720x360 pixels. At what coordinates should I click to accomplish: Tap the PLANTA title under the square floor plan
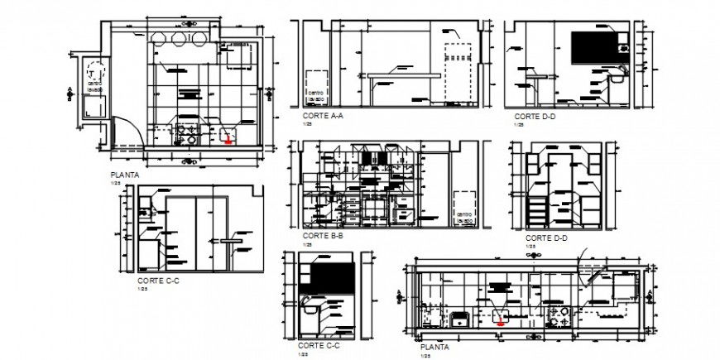pyautogui.click(x=125, y=175)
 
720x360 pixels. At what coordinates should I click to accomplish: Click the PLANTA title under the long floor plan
pyautogui.click(x=437, y=348)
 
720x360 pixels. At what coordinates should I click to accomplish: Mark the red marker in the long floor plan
pyautogui.click(x=499, y=324)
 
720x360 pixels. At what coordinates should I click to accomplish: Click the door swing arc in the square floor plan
pyautogui.click(x=124, y=132)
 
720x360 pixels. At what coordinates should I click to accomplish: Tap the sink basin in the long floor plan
pyautogui.click(x=457, y=318)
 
